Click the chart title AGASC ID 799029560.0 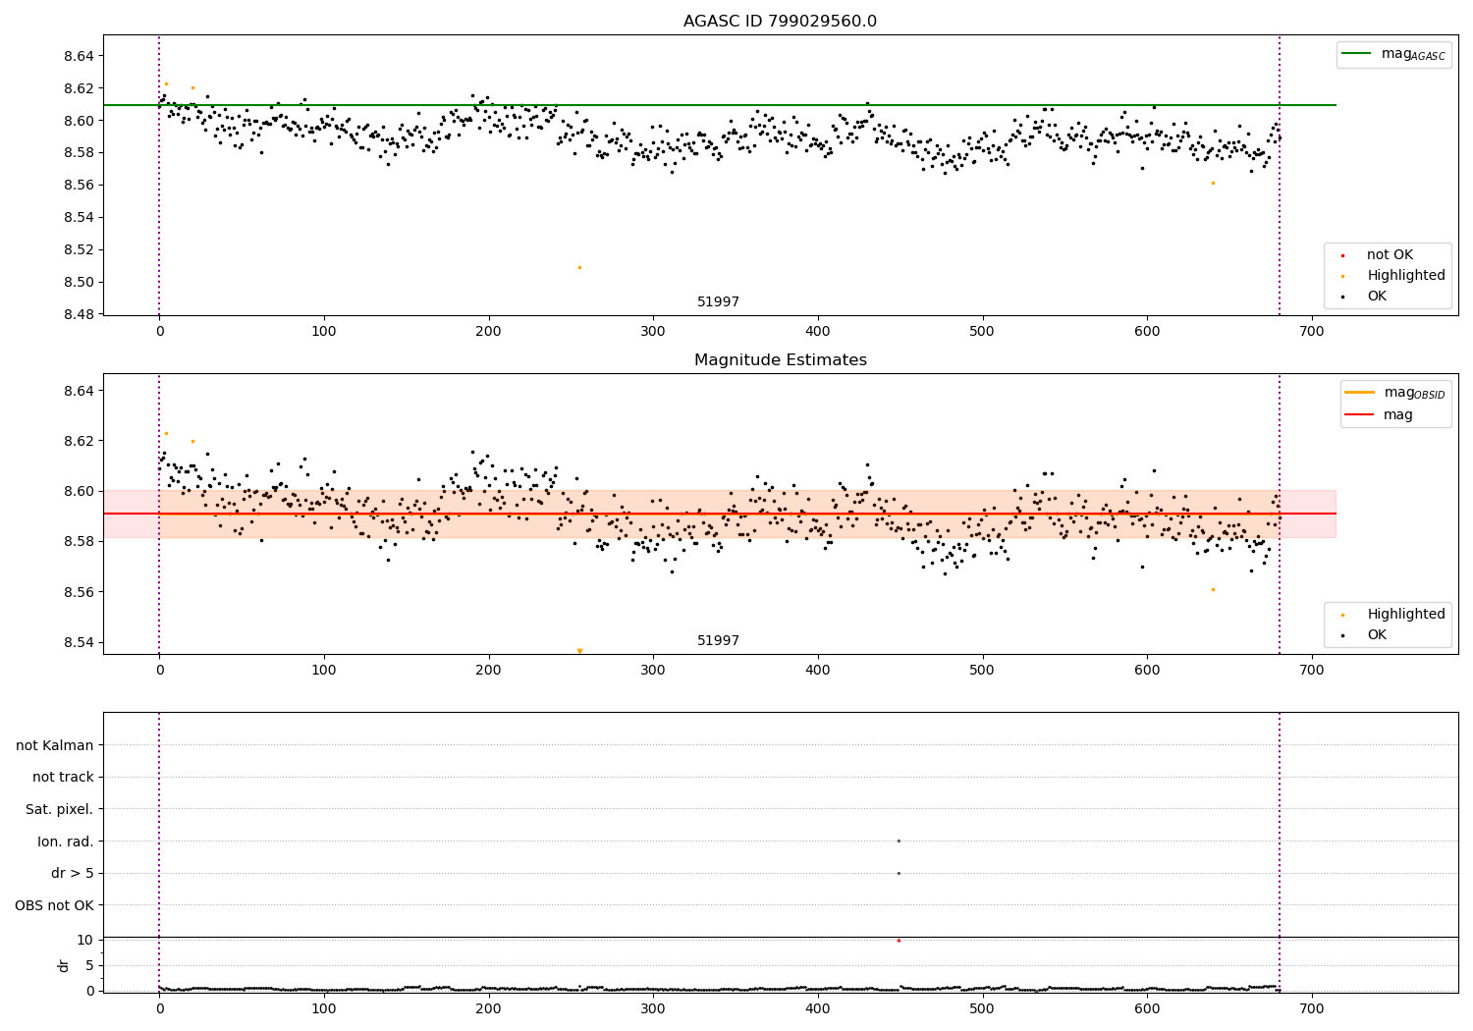780,22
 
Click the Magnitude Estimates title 780,360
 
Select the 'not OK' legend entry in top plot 1389,255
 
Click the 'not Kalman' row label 55,745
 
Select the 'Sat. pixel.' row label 60,809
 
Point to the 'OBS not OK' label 55,905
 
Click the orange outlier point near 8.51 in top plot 579,267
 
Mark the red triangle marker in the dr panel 899,941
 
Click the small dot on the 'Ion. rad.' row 899,841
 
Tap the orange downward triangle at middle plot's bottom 579,651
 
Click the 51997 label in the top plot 718,302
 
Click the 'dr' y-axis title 64,965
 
